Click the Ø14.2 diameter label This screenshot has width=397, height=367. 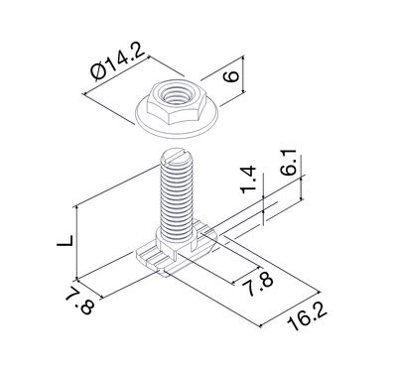(x=118, y=63)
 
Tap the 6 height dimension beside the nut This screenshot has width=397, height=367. (x=231, y=75)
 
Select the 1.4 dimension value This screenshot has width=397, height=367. (x=248, y=180)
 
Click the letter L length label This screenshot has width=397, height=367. (x=65, y=240)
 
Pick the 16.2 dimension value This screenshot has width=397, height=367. (x=307, y=318)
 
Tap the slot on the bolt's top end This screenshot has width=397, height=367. (x=175, y=155)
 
